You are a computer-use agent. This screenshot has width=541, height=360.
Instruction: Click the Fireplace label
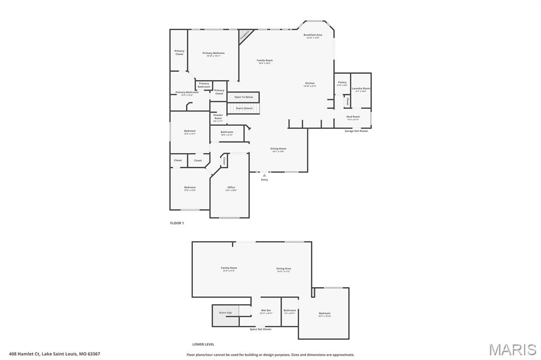(245, 36)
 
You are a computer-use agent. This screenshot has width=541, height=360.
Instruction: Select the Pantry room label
(342, 83)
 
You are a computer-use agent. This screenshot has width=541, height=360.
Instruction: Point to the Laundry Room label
(361, 89)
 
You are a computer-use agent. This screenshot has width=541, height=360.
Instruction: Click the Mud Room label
(353, 117)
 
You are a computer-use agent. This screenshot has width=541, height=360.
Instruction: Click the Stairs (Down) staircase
(244, 108)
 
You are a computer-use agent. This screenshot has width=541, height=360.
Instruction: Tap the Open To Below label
(244, 97)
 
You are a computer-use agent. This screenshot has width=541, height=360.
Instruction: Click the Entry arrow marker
(265, 175)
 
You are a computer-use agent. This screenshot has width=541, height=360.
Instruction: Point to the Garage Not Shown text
(356, 131)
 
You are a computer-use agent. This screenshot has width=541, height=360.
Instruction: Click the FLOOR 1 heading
(177, 223)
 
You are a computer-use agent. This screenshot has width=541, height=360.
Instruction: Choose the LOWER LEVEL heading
(203, 344)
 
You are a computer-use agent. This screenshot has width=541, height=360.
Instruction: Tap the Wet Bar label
(266, 311)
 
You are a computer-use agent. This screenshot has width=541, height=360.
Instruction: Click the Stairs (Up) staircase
(226, 312)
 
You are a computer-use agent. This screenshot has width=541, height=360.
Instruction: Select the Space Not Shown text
(260, 329)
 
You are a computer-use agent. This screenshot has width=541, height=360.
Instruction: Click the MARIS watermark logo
(512, 349)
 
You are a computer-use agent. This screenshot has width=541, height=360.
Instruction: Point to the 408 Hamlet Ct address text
(54, 354)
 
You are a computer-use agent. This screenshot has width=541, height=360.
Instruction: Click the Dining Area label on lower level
(284, 269)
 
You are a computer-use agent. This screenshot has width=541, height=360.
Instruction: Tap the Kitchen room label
(310, 84)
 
